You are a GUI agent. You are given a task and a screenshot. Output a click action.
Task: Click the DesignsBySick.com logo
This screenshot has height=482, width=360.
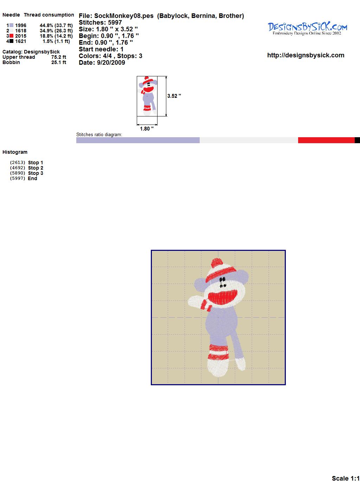(307, 28)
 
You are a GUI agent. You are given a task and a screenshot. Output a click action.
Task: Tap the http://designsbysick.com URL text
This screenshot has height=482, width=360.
(306, 55)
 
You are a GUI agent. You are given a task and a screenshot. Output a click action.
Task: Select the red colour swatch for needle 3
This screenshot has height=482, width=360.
(11, 36)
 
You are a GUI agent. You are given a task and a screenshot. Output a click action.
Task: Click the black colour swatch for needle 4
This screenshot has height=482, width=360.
(11, 41)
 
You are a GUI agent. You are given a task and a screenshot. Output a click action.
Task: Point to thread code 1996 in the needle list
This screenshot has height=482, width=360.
(21, 25)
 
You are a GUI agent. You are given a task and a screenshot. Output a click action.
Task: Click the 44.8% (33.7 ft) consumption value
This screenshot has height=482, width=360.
(56, 25)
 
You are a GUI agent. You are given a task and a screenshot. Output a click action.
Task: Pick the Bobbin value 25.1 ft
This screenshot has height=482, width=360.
(59, 62)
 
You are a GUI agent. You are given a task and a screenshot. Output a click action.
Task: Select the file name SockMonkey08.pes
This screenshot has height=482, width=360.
(124, 16)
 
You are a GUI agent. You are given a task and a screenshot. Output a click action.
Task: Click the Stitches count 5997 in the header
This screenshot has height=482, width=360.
(115, 23)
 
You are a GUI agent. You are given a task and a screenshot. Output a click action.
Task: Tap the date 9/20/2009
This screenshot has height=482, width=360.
(111, 63)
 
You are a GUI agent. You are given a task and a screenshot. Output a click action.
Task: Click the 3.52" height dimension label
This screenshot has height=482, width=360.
(174, 96)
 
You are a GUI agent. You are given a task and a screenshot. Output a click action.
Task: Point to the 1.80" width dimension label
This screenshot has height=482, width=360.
(147, 129)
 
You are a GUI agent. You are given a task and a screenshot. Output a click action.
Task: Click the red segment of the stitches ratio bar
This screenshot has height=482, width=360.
(326, 140)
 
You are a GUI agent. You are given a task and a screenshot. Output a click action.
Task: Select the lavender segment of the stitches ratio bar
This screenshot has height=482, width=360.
(138, 140)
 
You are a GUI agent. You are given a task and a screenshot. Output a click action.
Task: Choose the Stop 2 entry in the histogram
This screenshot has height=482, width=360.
(36, 168)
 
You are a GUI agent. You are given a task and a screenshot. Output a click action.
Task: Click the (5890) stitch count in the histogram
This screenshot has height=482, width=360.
(18, 173)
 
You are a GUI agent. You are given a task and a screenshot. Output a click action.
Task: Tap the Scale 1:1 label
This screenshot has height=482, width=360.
(346, 478)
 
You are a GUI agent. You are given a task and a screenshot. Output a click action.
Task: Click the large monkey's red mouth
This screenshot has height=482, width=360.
(223, 297)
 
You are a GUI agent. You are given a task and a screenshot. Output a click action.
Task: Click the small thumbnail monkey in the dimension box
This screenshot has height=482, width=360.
(147, 96)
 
